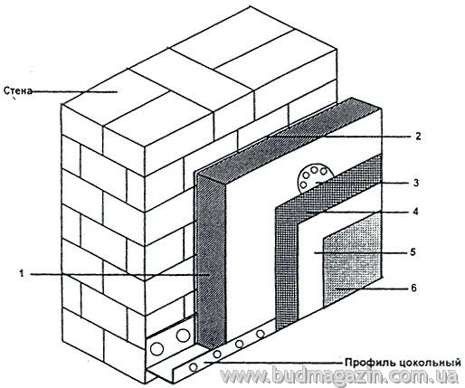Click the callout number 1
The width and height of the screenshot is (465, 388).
pos(21,274)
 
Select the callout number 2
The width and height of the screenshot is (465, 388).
pos(418,137)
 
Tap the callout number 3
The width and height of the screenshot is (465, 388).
pos(416,183)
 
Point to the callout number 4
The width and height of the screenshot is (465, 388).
pos(416,212)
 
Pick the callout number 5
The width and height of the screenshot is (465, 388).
pos(413,252)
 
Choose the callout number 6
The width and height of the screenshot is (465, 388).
pos(413,289)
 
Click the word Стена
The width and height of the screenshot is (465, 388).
pos(17,90)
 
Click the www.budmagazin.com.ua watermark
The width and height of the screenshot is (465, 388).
pos(339,376)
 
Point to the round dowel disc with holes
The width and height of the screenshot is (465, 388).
pos(314,179)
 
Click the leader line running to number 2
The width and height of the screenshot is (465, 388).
pos(337,137)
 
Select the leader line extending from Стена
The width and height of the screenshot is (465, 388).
pos(74,91)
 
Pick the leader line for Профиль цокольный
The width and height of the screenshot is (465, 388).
pos(274,362)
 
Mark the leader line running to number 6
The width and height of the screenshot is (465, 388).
pos(372,289)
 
